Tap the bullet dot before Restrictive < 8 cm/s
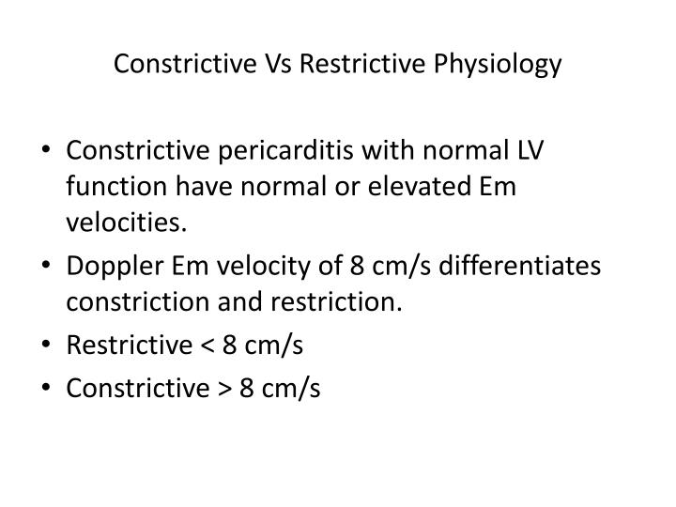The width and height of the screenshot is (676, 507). coord(49,346)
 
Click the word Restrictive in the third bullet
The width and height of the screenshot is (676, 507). coord(121,346)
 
